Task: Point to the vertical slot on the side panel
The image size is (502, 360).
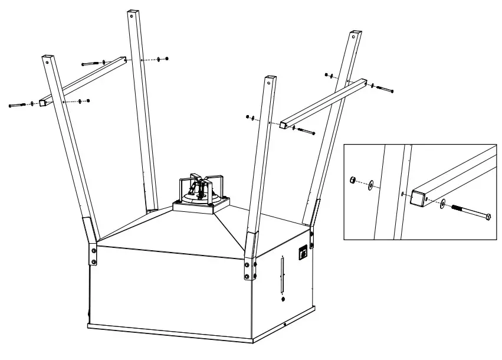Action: (281, 274)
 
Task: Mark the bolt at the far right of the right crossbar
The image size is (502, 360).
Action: (385, 90)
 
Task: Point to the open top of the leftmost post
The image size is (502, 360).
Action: (47, 57)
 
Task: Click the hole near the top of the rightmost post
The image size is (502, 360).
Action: (354, 37)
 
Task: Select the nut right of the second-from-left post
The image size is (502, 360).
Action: (167, 58)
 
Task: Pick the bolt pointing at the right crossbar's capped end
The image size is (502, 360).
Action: (306, 130)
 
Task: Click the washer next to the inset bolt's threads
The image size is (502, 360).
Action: (442, 204)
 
